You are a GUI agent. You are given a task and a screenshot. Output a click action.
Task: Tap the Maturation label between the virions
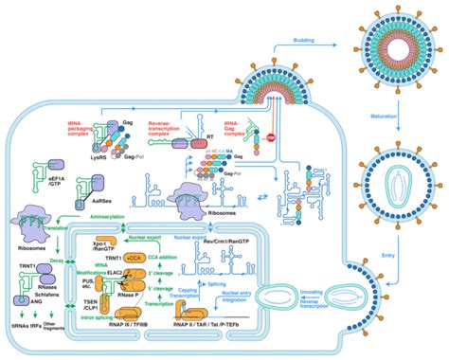[390, 119]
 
